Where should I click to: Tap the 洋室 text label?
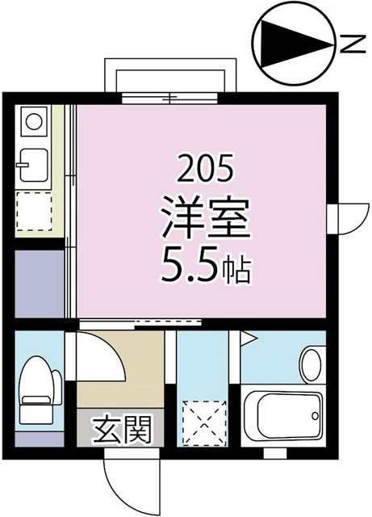[207, 218]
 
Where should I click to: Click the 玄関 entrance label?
[123, 429]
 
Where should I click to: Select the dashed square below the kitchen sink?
[34, 212]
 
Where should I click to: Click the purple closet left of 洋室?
[39, 283]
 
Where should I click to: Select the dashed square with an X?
[201, 420]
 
